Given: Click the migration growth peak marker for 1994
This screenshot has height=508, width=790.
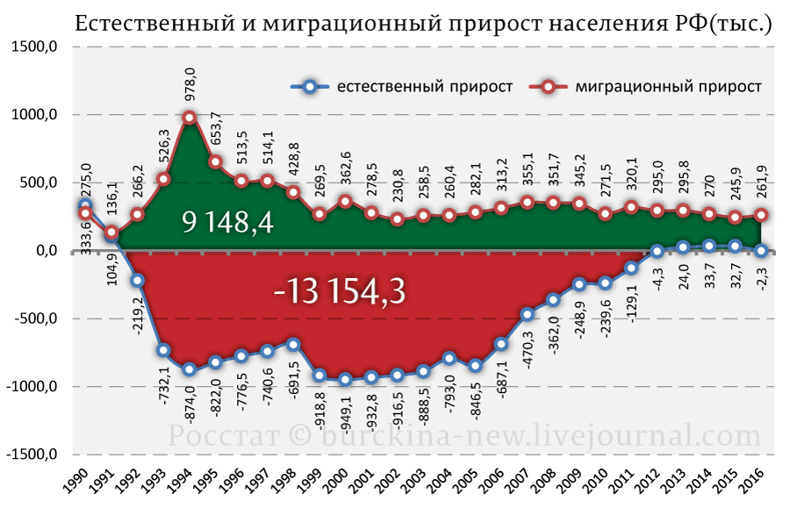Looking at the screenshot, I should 189,118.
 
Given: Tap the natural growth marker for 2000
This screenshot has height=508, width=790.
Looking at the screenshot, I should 345,380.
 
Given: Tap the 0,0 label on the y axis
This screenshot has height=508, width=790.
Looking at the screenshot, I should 41,251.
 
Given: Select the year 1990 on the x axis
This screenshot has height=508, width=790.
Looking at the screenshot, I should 76,481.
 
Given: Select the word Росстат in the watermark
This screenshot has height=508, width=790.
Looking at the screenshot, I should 223,436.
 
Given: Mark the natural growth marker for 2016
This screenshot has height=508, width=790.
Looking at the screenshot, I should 762,251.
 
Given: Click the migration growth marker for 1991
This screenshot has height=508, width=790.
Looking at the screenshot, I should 111,233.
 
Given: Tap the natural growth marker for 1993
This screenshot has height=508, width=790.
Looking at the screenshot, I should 163,350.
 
